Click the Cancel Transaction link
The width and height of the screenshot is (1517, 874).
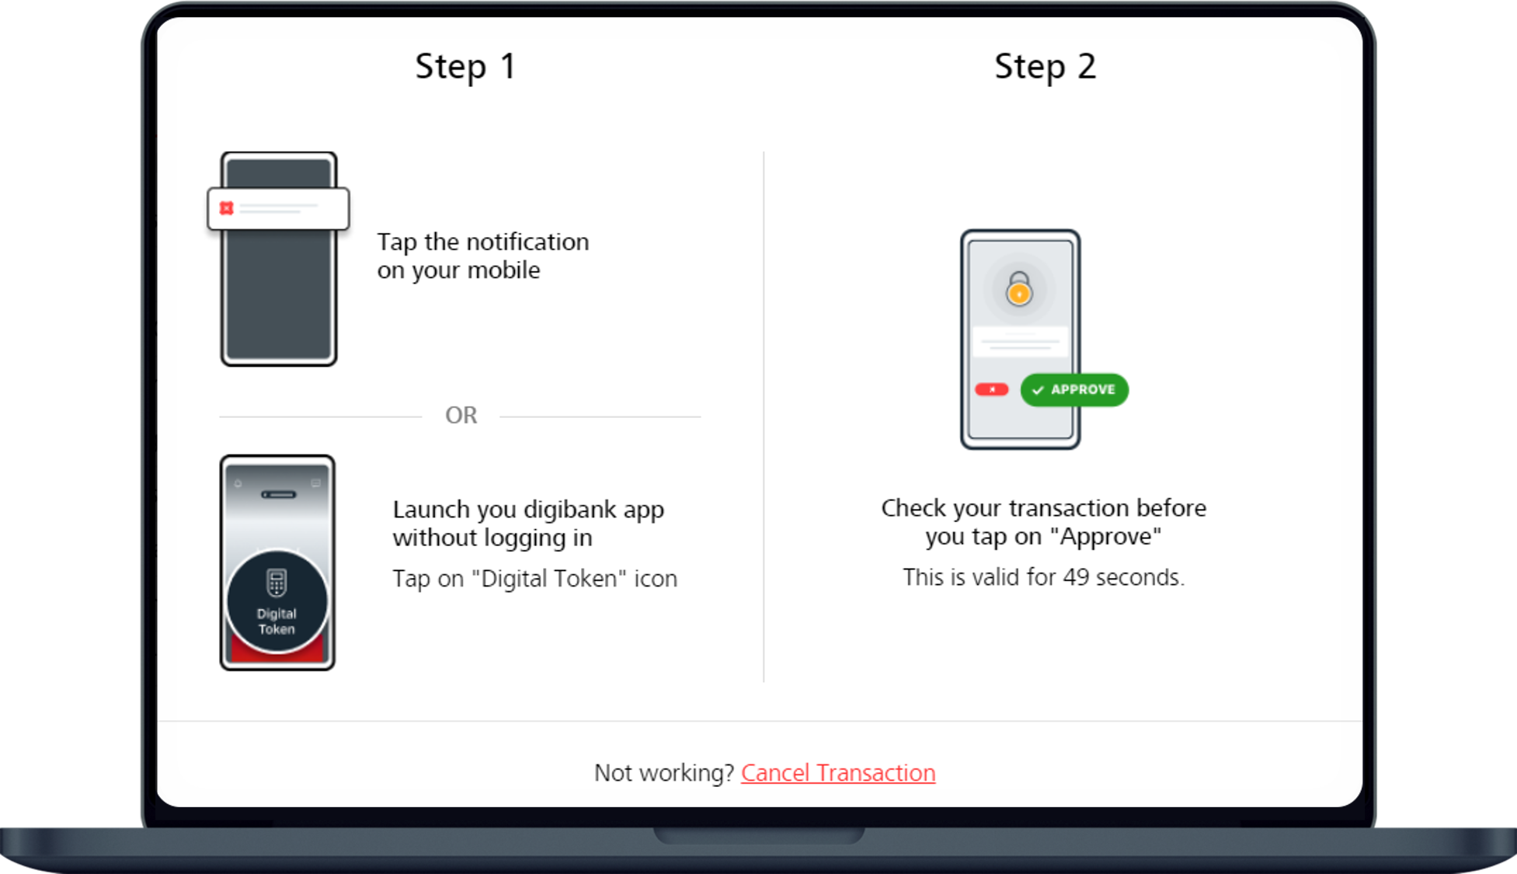point(838,773)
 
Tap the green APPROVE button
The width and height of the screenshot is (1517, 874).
point(1074,389)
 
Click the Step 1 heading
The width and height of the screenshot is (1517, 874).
point(465,67)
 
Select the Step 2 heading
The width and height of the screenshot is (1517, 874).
point(1045,67)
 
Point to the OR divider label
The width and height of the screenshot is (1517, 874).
point(461,416)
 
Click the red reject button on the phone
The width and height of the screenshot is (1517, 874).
point(992,389)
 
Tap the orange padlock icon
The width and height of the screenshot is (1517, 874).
point(1019,289)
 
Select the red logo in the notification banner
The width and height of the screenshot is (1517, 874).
point(226,208)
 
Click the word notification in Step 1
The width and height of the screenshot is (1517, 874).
point(527,242)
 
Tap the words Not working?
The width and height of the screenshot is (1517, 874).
point(664,773)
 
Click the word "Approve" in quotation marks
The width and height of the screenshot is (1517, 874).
point(1105,536)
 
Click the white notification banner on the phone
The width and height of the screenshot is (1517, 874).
point(278,208)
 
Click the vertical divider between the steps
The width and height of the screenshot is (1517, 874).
point(764,416)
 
